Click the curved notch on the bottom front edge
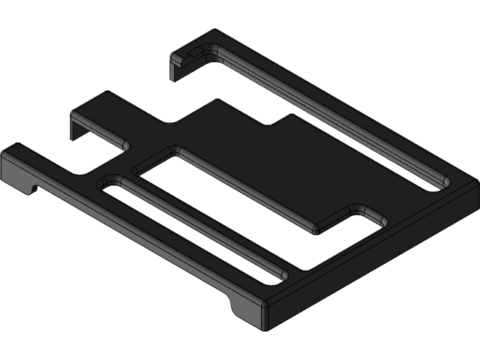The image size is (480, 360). [x=234, y=307]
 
